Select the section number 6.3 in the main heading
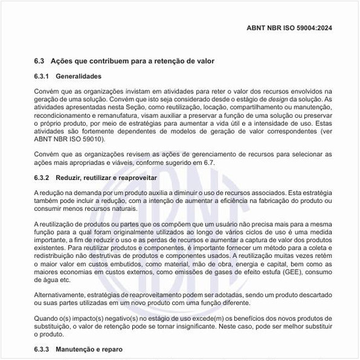pyautogui.click(x=39, y=62)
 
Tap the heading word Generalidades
pyautogui.click(x=79, y=77)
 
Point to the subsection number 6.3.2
pyautogui.click(x=43, y=178)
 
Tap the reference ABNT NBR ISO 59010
pyautogui.click(x=72, y=139)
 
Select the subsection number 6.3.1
pyautogui.click(x=43, y=77)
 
